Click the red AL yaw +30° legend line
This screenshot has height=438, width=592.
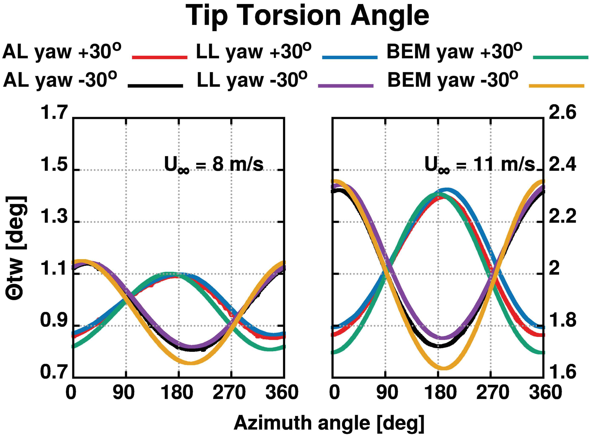[160, 57]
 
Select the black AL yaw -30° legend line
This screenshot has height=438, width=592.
[155, 86]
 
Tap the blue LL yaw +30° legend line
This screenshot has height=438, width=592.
[349, 57]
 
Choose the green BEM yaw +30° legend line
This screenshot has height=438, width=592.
[561, 57]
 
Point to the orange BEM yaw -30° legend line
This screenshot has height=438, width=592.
[556, 86]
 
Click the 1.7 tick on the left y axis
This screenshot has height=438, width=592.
[54, 112]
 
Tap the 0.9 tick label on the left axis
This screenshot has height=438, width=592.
[54, 320]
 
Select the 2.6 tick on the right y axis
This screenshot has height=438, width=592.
[562, 112]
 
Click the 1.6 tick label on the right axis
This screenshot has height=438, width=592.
[562, 372]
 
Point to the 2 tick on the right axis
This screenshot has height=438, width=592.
[554, 268]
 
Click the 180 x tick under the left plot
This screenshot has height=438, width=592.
[177, 393]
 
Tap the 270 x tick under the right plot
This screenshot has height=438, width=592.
[492, 393]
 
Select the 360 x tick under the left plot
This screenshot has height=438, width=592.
[282, 393]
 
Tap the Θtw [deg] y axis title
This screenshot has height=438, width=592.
[16, 248]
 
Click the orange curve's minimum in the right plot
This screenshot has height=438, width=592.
[444, 368]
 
